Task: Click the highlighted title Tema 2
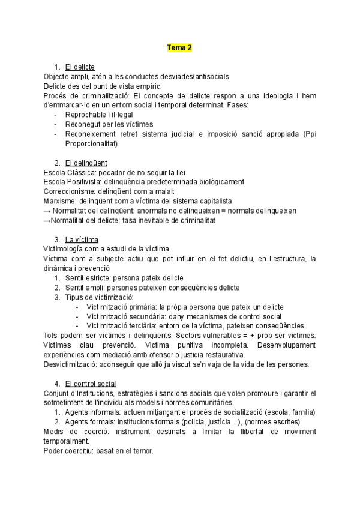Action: (179, 47)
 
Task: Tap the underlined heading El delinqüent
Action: (86, 163)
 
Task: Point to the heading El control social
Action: (91, 384)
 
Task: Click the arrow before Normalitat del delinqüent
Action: (47, 211)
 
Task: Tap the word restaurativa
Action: (226, 355)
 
